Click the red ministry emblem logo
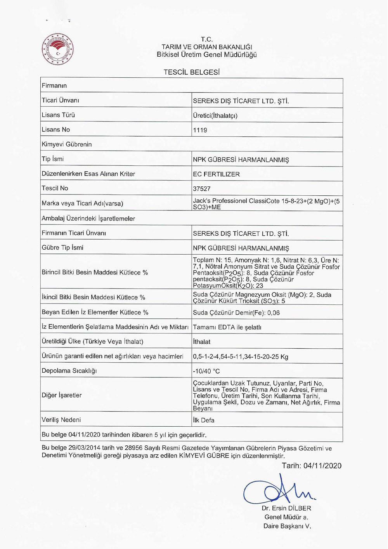[57, 49]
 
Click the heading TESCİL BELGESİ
[192, 72]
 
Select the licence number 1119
[200, 130]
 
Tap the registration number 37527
[202, 189]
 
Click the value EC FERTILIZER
[217, 174]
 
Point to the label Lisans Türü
[58, 115]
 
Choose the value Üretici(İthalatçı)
[215, 116]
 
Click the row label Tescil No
[55, 188]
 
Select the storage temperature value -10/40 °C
[206, 371]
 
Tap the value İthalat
[202, 342]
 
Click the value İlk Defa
[204, 420]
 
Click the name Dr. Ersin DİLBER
[286, 508]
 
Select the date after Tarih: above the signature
[322, 466]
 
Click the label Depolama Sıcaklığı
[69, 371]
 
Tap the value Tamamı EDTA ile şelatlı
[227, 327]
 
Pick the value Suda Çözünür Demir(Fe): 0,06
[236, 313]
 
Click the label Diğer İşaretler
[62, 395]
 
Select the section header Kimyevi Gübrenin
[67, 144]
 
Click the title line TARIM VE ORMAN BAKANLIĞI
[207, 47]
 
